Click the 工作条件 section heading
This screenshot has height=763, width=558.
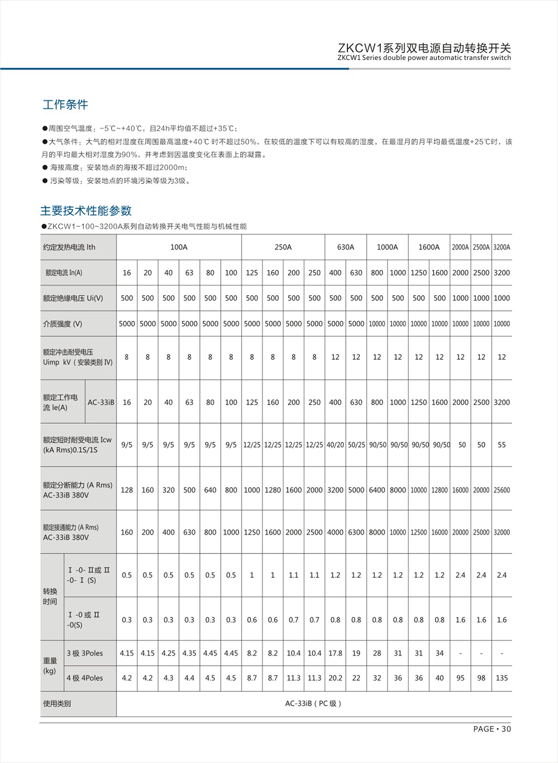click(65, 105)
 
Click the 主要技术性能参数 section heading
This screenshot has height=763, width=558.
click(86, 211)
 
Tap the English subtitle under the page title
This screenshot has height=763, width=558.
click(424, 58)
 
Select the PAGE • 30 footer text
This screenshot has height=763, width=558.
click(492, 729)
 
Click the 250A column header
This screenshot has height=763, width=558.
click(283, 247)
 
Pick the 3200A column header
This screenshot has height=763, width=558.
click(501, 247)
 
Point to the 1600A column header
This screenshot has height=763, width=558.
click(429, 247)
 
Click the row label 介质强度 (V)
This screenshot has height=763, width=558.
click(62, 324)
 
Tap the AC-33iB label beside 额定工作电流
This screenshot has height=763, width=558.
click(101, 402)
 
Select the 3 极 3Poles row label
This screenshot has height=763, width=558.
click(85, 653)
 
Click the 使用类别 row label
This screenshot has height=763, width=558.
click(57, 703)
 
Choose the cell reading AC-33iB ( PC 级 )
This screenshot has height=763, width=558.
click(313, 703)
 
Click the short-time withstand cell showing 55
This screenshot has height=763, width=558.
click(501, 445)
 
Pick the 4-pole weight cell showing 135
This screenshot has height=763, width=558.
click(501, 678)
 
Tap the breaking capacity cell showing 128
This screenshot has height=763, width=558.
click(126, 490)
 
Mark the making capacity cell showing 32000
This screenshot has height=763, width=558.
click(501, 532)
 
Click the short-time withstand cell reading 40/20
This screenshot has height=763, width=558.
click(335, 445)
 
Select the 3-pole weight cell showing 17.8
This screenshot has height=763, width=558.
click(335, 653)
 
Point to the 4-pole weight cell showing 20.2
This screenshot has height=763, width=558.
click(335, 678)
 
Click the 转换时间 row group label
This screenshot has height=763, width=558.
click(50, 596)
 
